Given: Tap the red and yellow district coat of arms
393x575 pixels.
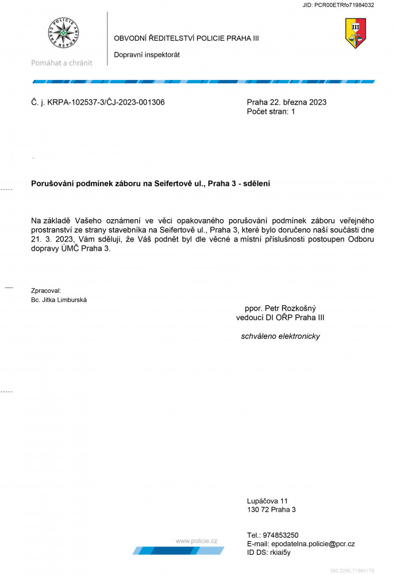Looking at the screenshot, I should coord(355,33).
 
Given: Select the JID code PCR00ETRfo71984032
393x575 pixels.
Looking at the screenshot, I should coord(345,5).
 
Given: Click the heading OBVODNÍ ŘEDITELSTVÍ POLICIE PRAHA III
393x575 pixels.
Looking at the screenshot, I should coord(186,38).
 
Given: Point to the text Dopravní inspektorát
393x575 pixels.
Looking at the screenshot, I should coord(147,55).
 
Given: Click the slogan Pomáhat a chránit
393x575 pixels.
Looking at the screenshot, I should coord(61,63).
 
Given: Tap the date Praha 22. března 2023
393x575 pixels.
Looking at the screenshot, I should coord(286,102).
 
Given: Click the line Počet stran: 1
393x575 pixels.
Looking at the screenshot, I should coord(270,112).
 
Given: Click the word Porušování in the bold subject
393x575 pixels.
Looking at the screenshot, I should coord(53,183).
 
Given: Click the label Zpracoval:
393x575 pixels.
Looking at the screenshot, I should coord(46,291).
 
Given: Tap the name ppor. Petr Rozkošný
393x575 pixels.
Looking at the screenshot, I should coord(280,308).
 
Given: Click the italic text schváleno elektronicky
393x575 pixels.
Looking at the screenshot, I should coord(280,336).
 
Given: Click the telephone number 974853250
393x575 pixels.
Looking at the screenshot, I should coord(281,535).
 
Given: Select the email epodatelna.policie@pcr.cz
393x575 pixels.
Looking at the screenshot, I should coord(311,543).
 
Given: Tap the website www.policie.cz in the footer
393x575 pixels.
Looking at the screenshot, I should coord(196,540).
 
